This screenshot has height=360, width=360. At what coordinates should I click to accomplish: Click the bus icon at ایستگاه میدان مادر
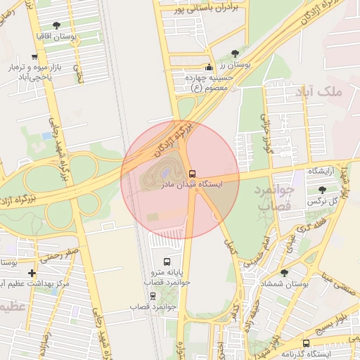point(192,173)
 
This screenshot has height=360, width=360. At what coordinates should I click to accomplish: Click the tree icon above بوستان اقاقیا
point(56,25)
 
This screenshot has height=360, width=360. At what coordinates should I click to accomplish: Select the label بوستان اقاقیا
point(56,35)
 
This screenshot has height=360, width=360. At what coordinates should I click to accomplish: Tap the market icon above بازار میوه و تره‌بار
point(34,57)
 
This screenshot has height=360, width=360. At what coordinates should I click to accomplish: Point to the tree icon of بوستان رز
point(234,53)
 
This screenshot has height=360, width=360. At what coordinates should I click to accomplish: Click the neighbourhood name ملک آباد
point(328,91)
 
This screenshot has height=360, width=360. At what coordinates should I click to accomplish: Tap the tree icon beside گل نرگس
point(323,190)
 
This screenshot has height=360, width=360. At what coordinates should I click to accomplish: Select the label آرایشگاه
point(322,172)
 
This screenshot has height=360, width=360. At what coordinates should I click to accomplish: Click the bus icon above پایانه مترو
point(166,262)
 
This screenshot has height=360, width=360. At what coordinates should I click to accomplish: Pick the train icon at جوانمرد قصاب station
point(153,296)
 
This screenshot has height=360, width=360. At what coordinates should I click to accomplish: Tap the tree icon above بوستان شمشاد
point(284,272)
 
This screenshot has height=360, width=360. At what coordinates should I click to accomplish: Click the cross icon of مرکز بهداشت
point(31,273)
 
